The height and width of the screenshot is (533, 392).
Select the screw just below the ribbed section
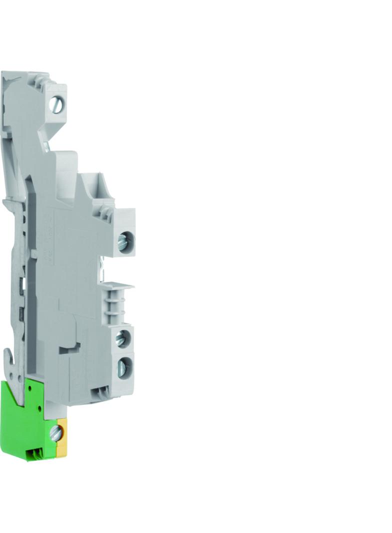click(122, 339)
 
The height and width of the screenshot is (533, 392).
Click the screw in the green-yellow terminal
click(56, 432)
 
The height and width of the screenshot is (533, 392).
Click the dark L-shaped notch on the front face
click(70, 347)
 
